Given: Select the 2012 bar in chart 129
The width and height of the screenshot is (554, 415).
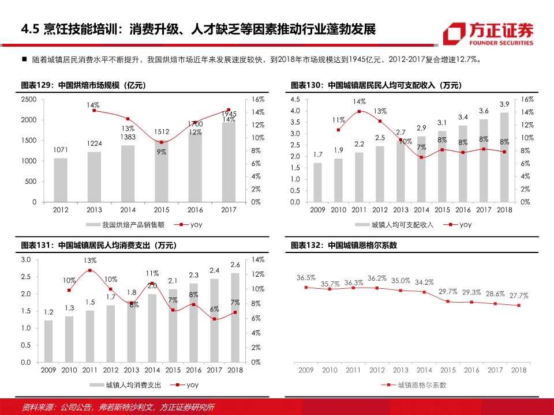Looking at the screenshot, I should coord(61,180).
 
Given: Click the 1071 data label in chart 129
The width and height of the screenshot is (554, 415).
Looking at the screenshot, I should coord(61,150).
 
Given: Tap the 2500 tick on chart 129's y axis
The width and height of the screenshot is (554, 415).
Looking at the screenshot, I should coord(29,99).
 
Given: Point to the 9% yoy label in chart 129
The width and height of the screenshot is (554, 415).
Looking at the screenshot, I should coord(161,152).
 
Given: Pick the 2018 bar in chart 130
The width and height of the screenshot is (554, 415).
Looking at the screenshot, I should coord(504,157).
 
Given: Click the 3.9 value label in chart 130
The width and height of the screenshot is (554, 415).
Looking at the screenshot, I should coord(504,104).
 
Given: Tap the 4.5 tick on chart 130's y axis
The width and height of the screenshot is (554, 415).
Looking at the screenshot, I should coord(295,99).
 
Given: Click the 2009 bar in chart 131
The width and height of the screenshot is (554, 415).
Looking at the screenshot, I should coord(48,341).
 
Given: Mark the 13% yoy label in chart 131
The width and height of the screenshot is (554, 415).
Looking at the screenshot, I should coord(89,261).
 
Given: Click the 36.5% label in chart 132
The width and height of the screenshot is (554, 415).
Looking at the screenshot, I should coord(306,277).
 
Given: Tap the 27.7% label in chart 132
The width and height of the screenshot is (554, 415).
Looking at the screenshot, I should coord(519,295).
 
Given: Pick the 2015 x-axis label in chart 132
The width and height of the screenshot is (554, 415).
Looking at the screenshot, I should coord(447,370).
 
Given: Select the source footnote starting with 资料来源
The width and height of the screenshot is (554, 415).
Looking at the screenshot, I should coord(118,407).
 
